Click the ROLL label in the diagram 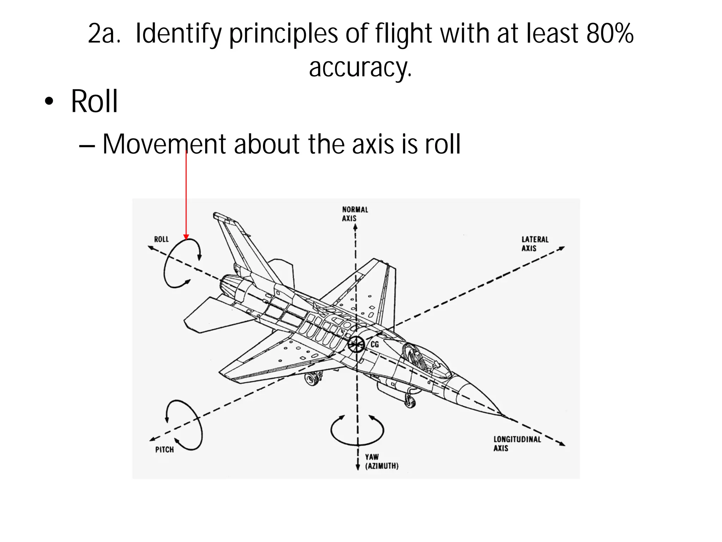(x=161, y=239)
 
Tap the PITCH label (x=165, y=450)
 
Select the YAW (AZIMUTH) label (x=381, y=462)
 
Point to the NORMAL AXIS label (x=355, y=214)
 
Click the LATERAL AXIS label (x=535, y=244)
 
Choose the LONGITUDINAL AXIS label (x=517, y=444)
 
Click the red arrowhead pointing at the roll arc (x=186, y=237)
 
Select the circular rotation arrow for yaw (x=357, y=430)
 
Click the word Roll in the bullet (x=94, y=102)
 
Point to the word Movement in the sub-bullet (x=164, y=144)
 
